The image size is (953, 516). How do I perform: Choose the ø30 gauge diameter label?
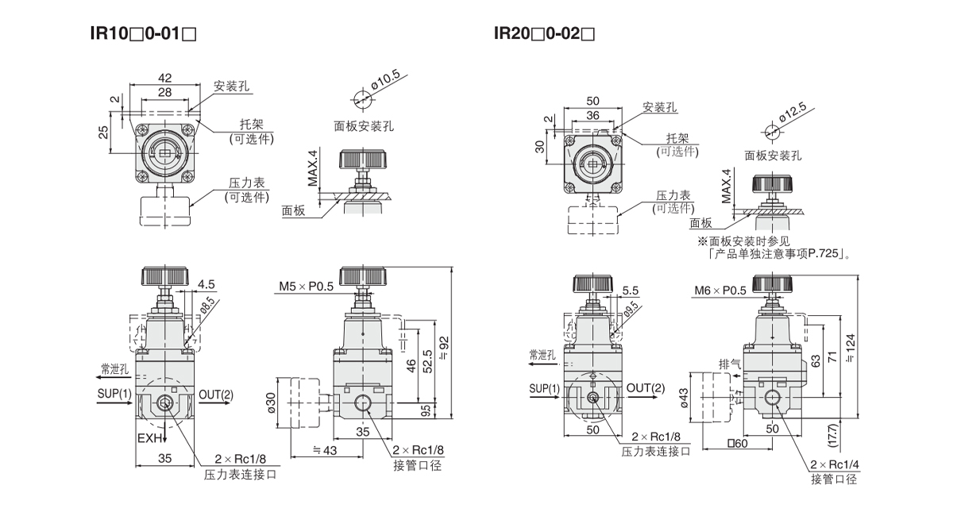[270, 402]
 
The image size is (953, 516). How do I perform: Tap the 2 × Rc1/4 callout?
[833, 465]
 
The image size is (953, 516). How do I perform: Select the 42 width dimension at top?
[165, 78]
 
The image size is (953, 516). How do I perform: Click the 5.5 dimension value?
[631, 291]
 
